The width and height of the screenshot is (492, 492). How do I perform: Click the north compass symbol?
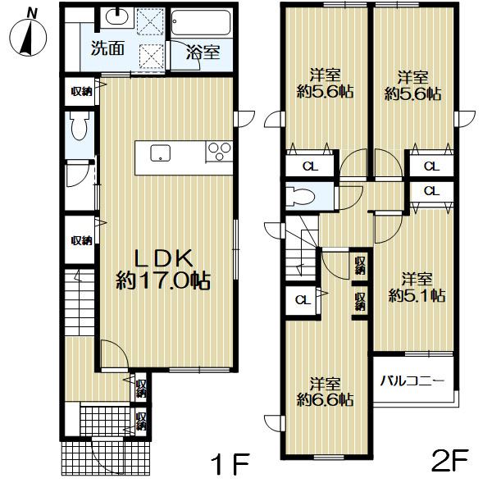click(28, 34)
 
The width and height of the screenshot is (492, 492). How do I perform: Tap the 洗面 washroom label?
click(107, 48)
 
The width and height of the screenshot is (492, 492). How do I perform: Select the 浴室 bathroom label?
click(203, 52)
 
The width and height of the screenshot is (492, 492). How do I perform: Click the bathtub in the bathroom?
click(202, 22)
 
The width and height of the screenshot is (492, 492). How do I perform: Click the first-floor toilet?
click(79, 125)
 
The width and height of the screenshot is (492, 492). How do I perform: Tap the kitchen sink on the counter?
click(161, 153)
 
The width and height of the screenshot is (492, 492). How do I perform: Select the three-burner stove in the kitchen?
click(219, 152)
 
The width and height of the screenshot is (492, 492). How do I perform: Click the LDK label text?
click(163, 258)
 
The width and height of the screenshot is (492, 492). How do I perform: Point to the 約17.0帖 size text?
click(163, 280)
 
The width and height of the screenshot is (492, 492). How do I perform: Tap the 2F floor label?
click(450, 461)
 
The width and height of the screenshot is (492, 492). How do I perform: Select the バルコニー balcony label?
click(412, 381)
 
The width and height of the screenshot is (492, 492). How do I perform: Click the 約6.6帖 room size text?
click(325, 399)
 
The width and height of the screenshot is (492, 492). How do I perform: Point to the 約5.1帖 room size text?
click(417, 295)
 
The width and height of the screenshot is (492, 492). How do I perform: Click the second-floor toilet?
click(301, 197)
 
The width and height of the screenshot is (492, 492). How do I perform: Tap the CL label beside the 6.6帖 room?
click(303, 300)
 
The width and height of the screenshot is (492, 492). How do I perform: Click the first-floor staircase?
click(80, 302)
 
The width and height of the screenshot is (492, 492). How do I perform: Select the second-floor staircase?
click(301, 248)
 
